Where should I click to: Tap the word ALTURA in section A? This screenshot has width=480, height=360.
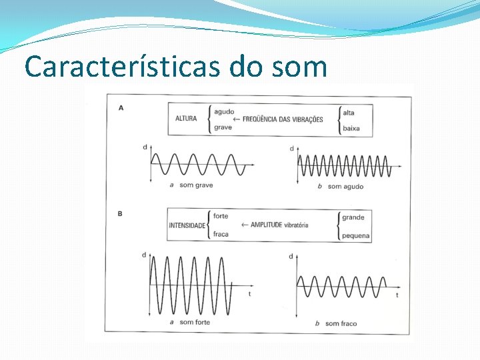click(186, 119)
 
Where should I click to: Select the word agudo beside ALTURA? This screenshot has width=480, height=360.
click(224, 111)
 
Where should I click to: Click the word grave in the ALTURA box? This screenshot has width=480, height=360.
click(223, 127)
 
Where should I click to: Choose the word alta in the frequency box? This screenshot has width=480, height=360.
click(349, 113)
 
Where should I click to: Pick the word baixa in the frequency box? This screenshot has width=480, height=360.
click(351, 128)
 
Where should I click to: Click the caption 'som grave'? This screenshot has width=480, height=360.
click(196, 185)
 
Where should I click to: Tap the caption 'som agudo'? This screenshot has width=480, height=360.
click(345, 187)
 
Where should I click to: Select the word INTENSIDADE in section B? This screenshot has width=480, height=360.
click(187, 226)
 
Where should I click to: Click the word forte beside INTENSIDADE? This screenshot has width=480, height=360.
click(221, 217)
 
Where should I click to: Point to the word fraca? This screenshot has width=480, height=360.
click(221, 235)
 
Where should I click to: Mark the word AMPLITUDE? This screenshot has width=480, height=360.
click(267, 225)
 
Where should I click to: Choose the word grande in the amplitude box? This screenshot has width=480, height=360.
click(353, 217)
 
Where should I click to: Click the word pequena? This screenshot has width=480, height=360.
click(355, 236)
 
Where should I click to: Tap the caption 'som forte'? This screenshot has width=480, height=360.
click(195, 323)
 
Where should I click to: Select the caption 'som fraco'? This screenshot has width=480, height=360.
click(341, 324)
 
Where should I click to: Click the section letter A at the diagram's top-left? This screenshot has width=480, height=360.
click(121, 107)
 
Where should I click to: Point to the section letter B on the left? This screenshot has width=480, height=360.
click(120, 214)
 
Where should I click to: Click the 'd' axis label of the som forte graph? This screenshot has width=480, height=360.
click(144, 255)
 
